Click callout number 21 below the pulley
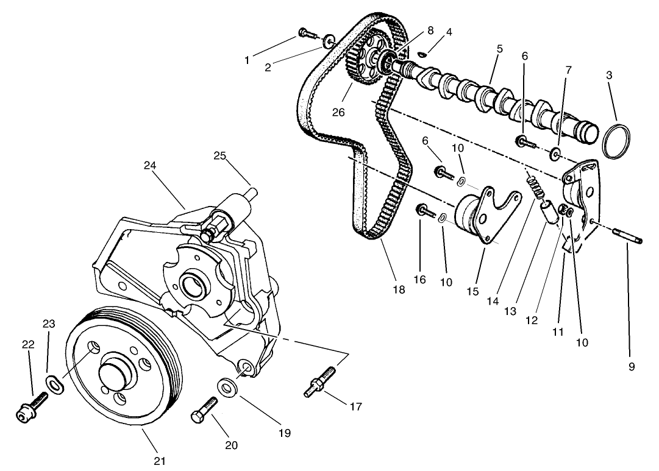pos(159,461)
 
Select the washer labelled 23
pos(55,385)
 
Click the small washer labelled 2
pos(330,41)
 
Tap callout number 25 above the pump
pos(219,155)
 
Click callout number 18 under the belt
pos(399,290)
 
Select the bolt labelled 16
pos(425,211)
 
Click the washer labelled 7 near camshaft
pos(556,152)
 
